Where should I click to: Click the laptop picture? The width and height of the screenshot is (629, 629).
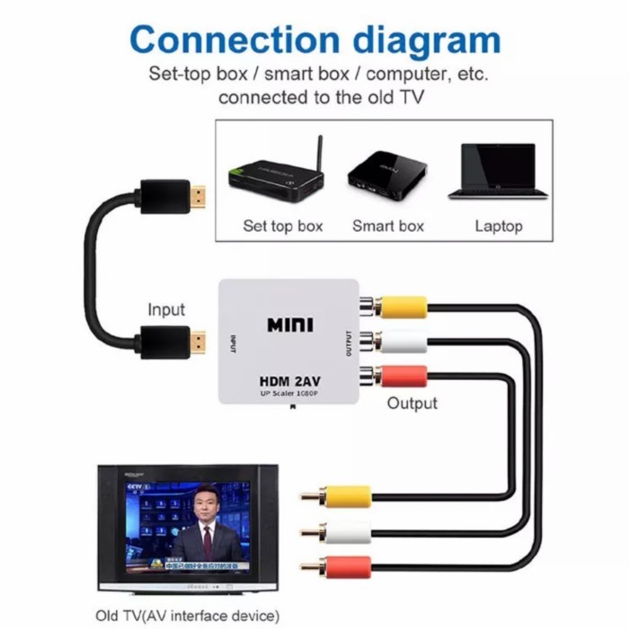(497, 172)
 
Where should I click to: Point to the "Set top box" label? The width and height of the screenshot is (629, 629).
(282, 226)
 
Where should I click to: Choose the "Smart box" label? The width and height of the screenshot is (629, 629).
(387, 226)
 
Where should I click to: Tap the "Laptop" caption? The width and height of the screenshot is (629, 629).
(498, 226)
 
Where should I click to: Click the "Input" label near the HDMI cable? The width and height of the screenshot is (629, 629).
(166, 310)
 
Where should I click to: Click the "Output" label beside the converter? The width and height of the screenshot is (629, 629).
(412, 403)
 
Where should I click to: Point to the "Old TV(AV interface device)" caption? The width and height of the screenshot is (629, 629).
(188, 615)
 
